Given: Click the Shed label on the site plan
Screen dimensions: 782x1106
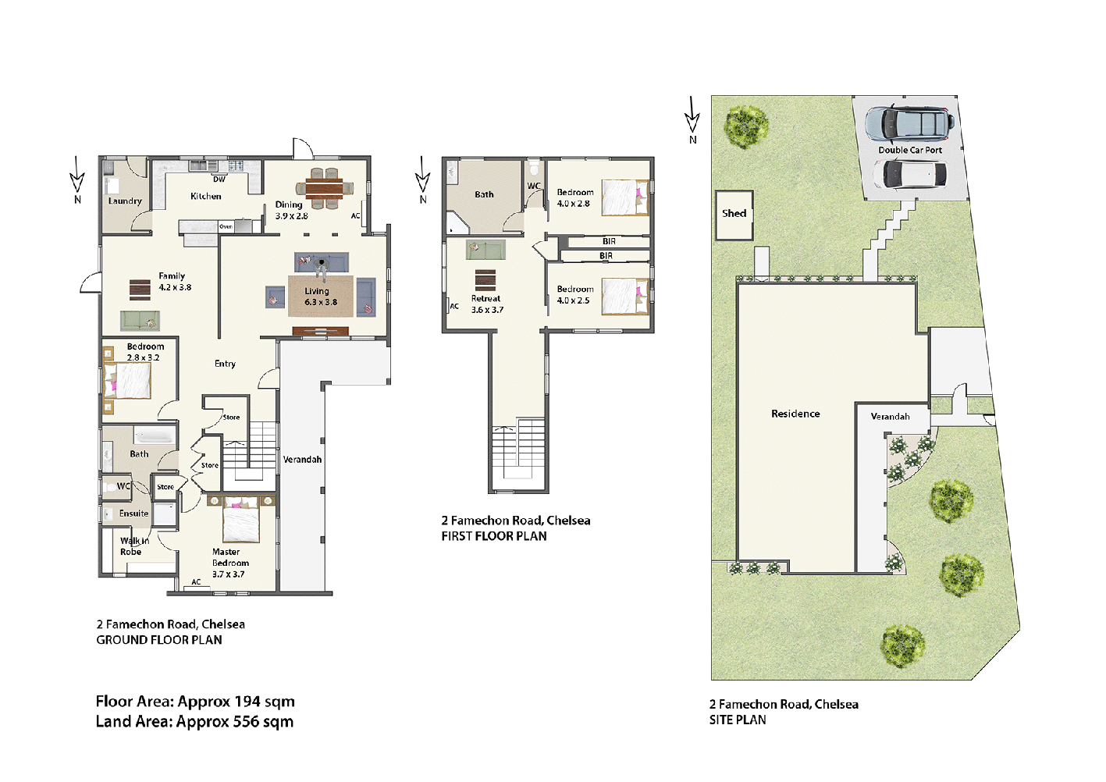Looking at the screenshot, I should tap(734, 213).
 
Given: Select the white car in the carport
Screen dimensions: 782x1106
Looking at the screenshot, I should tap(909, 175).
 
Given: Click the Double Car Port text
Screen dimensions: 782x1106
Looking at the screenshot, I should tap(910, 150).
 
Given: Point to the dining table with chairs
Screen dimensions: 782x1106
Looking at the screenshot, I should tap(324, 188).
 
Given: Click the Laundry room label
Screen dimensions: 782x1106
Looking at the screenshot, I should tap(125, 201).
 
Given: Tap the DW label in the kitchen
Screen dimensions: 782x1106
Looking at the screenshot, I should tap(219, 180).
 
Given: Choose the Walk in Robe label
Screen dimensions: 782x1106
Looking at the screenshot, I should tap(133, 546).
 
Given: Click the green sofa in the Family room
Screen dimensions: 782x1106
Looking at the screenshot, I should tap(140, 320).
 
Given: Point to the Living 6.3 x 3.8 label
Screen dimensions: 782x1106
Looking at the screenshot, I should tap(320, 297).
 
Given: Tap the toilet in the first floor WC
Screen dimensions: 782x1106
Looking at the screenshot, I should tap(534, 169).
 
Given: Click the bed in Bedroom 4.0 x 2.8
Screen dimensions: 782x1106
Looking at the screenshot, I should tap(624, 198).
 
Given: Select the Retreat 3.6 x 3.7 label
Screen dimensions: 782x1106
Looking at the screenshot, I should tap(486, 304).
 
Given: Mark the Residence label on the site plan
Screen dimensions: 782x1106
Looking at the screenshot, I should tap(795, 414).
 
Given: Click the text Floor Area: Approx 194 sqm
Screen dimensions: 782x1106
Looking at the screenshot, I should tap(195, 702).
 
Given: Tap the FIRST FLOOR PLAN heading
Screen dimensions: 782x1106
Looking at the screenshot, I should tap(493, 536).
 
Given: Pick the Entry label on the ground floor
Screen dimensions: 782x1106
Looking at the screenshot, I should tap(225, 364).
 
